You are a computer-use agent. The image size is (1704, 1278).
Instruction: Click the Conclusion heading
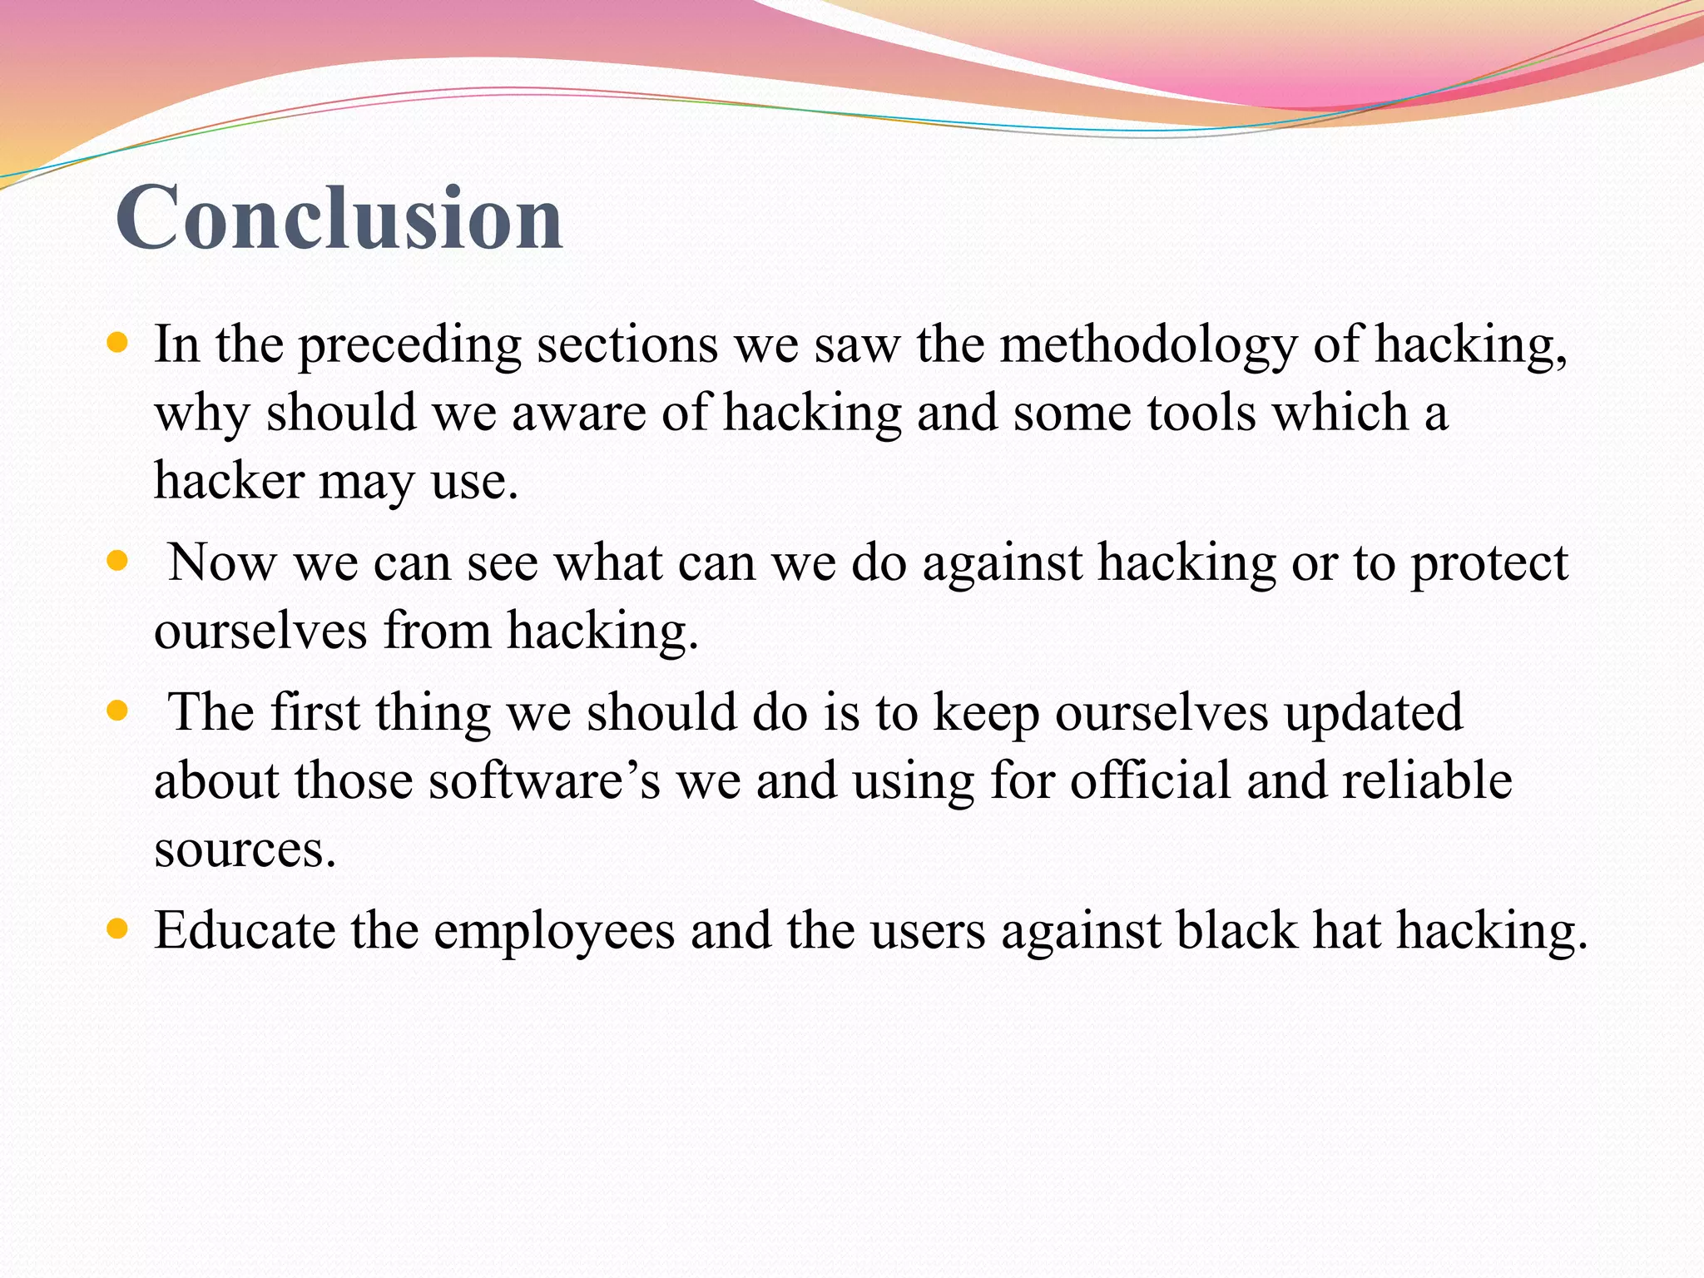tap(339, 218)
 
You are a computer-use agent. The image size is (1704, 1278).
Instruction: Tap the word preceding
tap(409, 345)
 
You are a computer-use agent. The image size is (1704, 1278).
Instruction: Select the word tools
tap(1201, 413)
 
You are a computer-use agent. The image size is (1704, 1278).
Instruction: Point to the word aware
tap(578, 413)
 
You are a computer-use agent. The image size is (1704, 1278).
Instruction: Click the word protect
tap(1489, 564)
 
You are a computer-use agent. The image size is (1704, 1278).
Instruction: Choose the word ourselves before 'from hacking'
tap(260, 631)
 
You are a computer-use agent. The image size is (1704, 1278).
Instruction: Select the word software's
tap(544, 781)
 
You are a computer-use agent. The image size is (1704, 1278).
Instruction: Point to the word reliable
tap(1427, 781)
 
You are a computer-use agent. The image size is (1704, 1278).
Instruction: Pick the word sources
tap(245, 850)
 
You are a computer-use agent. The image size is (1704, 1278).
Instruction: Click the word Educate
tap(245, 930)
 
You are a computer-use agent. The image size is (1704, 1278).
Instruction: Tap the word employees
tap(554, 932)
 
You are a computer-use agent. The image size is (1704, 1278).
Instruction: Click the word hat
tap(1346, 930)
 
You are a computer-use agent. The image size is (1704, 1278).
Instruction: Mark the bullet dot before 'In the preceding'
tap(118, 342)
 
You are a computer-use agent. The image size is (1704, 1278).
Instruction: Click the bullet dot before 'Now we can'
tap(118, 561)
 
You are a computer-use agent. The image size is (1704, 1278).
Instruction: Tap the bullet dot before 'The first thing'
tap(118, 711)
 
